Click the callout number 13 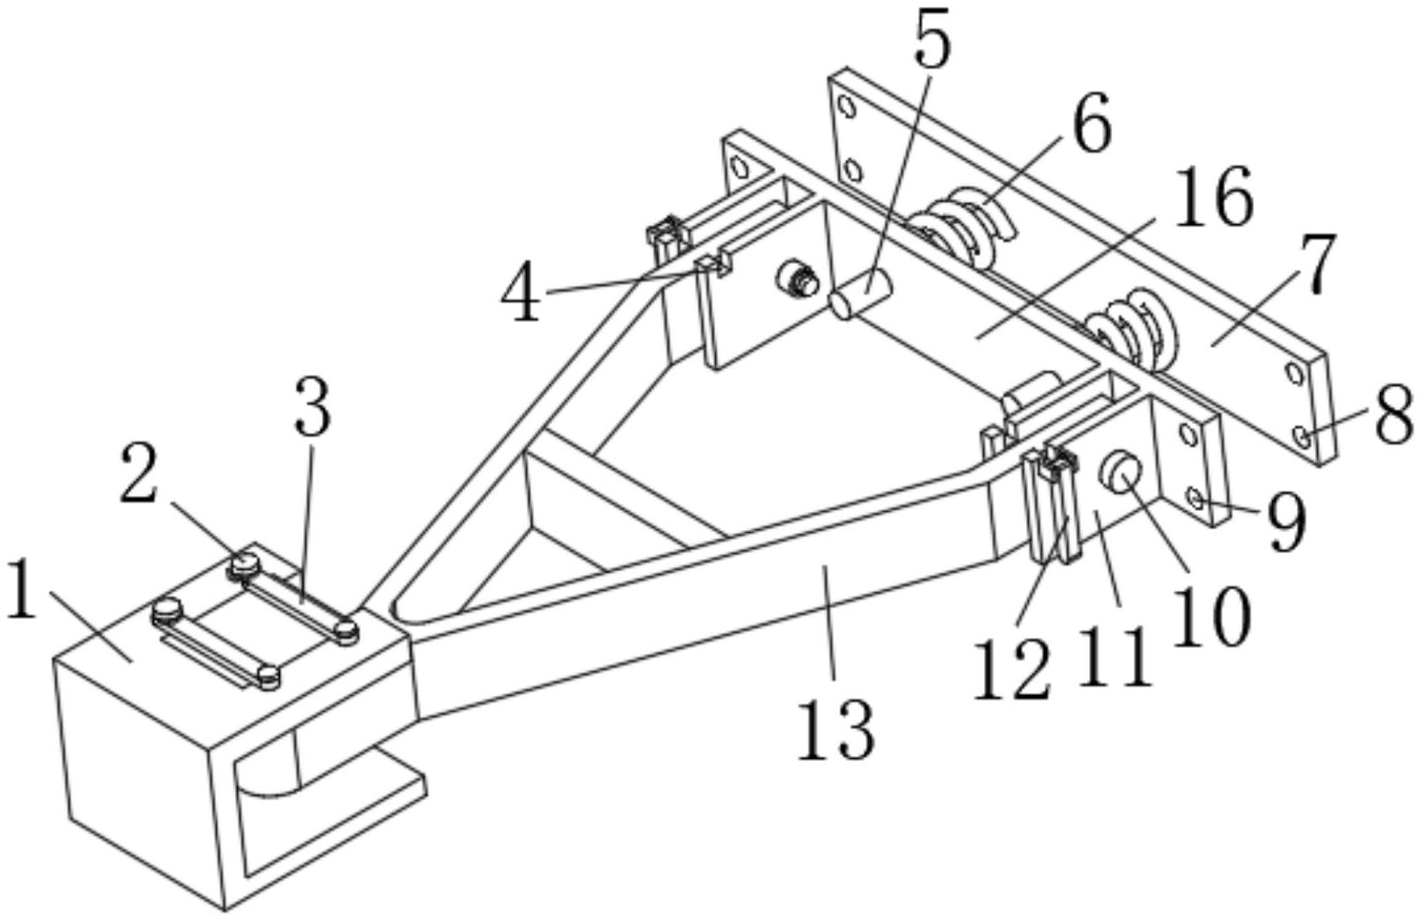(x=835, y=729)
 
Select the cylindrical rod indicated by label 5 (x=861, y=295)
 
